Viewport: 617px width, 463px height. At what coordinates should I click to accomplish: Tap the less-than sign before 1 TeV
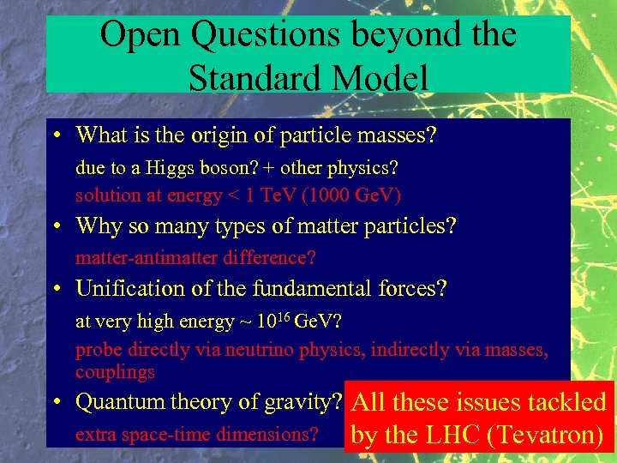tap(231, 196)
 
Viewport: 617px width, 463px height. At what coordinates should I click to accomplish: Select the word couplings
tap(115, 373)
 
